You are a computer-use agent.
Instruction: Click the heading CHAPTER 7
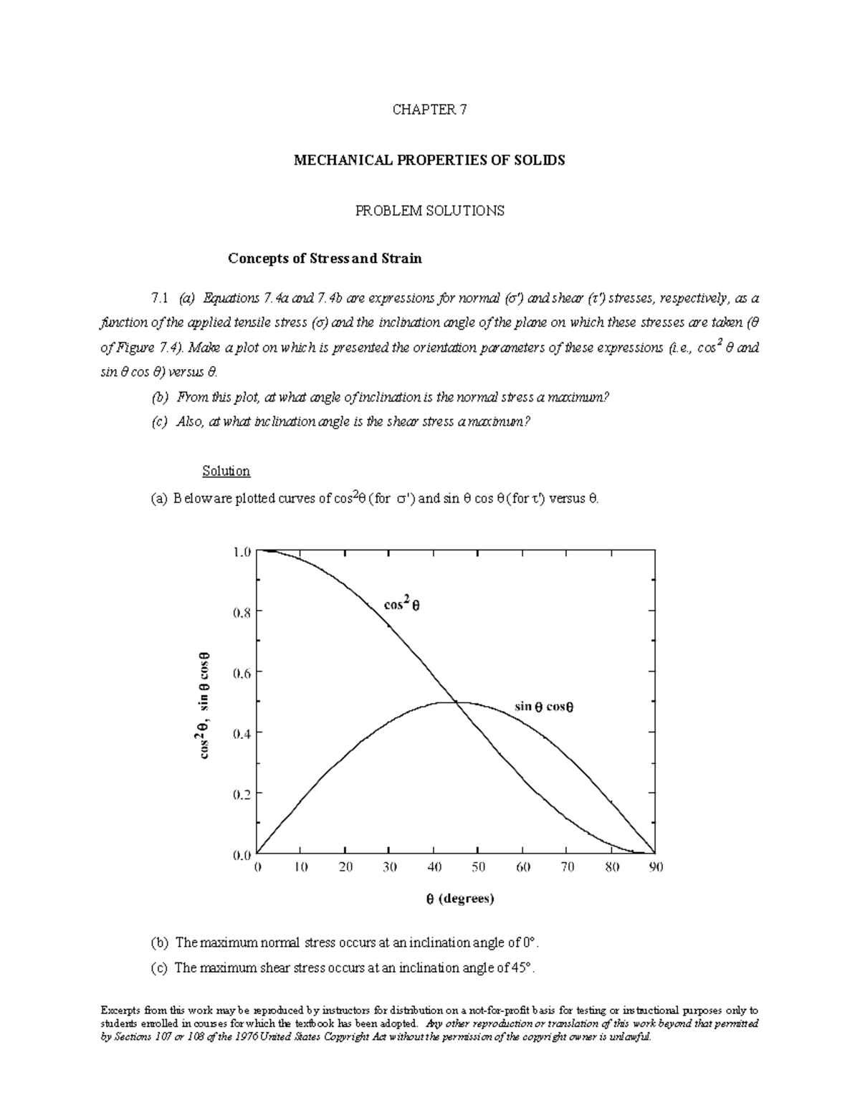click(x=429, y=110)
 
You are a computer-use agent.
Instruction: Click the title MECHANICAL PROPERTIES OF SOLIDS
click(x=429, y=160)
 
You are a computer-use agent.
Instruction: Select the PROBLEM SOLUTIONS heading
click(x=429, y=211)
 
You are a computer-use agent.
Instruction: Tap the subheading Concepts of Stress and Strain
click(x=325, y=258)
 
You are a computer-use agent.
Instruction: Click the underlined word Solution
click(x=226, y=471)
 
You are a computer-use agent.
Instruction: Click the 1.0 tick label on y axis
click(x=242, y=552)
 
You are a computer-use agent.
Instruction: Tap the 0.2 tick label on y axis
click(x=242, y=793)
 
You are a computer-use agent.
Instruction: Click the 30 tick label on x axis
click(x=390, y=867)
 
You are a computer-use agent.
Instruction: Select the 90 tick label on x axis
click(x=656, y=867)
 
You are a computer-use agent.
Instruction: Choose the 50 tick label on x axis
click(x=478, y=867)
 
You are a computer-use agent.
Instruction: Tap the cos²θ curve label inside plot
click(x=401, y=603)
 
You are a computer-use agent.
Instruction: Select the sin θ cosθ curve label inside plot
click(x=544, y=707)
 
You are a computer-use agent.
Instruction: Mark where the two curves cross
click(x=456, y=702)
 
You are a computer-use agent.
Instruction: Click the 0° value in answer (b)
click(x=527, y=942)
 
